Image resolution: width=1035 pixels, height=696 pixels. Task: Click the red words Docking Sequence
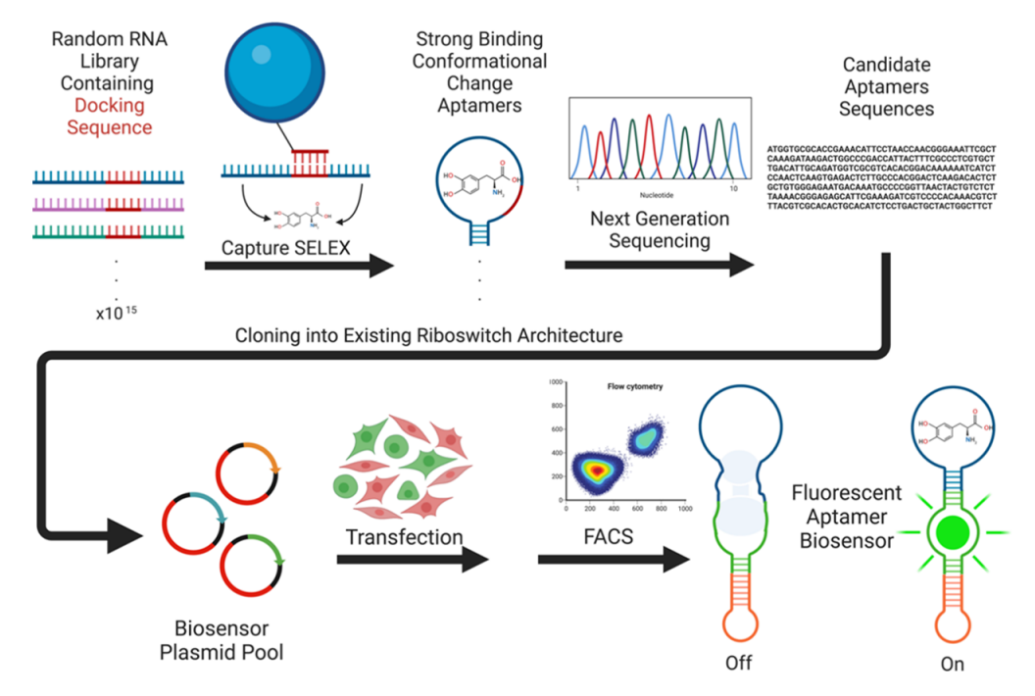pos(110,117)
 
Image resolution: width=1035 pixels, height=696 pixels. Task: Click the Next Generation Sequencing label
pos(659,228)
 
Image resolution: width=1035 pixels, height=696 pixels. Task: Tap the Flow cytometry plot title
pos(632,386)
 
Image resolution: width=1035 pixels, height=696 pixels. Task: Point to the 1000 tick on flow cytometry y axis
pos(555,380)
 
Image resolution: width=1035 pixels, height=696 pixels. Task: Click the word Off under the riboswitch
pos(738,663)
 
